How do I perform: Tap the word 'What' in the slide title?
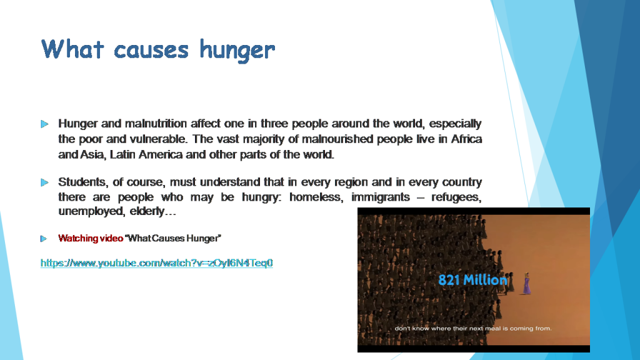tap(72, 49)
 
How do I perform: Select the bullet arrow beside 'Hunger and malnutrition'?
tap(44, 124)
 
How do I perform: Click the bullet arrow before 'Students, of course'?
tap(44, 182)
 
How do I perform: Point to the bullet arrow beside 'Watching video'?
tap(44, 239)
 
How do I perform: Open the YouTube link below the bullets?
tap(156, 263)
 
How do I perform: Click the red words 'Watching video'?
tap(91, 238)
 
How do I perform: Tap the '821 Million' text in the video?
tap(472, 280)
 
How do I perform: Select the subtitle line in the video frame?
tap(473, 328)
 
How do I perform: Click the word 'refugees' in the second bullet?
tap(456, 197)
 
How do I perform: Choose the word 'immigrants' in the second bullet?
tap(381, 197)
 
